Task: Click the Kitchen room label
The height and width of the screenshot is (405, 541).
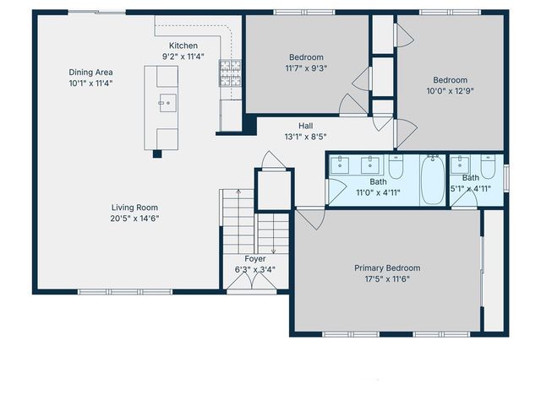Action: click(x=183, y=46)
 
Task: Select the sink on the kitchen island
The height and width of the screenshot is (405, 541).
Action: click(x=165, y=105)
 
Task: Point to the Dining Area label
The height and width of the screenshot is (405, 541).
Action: click(x=91, y=73)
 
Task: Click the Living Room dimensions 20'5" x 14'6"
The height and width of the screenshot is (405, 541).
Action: click(x=135, y=219)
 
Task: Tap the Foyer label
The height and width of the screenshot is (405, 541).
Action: click(x=255, y=259)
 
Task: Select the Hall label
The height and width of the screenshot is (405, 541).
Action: click(x=306, y=126)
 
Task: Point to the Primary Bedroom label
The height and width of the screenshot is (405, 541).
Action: click(x=386, y=268)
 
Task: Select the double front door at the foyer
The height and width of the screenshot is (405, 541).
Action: click(x=255, y=285)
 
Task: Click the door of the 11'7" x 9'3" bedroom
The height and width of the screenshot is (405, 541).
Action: click(x=351, y=105)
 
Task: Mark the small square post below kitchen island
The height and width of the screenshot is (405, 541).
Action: click(x=157, y=154)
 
